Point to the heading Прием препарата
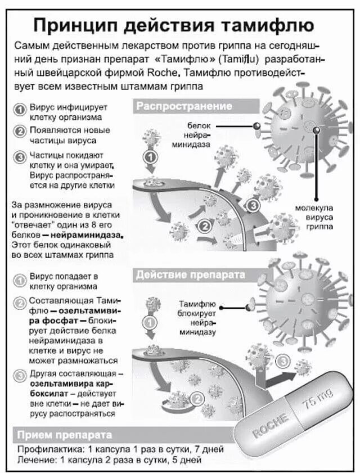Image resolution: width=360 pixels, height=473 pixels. pyautogui.click(x=64, y=435)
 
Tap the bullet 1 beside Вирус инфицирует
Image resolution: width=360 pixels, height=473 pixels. pyautogui.click(x=20, y=109)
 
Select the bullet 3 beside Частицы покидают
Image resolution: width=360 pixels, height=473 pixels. pyautogui.click(x=20, y=156)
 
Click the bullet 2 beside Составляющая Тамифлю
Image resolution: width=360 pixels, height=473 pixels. pyautogui.click(x=20, y=302)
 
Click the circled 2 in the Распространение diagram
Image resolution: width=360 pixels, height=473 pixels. pyautogui.click(x=205, y=226)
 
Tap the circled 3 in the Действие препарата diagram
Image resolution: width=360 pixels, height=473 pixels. pyautogui.click(x=283, y=361)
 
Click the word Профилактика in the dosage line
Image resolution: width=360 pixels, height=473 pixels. pyautogui.click(x=47, y=450)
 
